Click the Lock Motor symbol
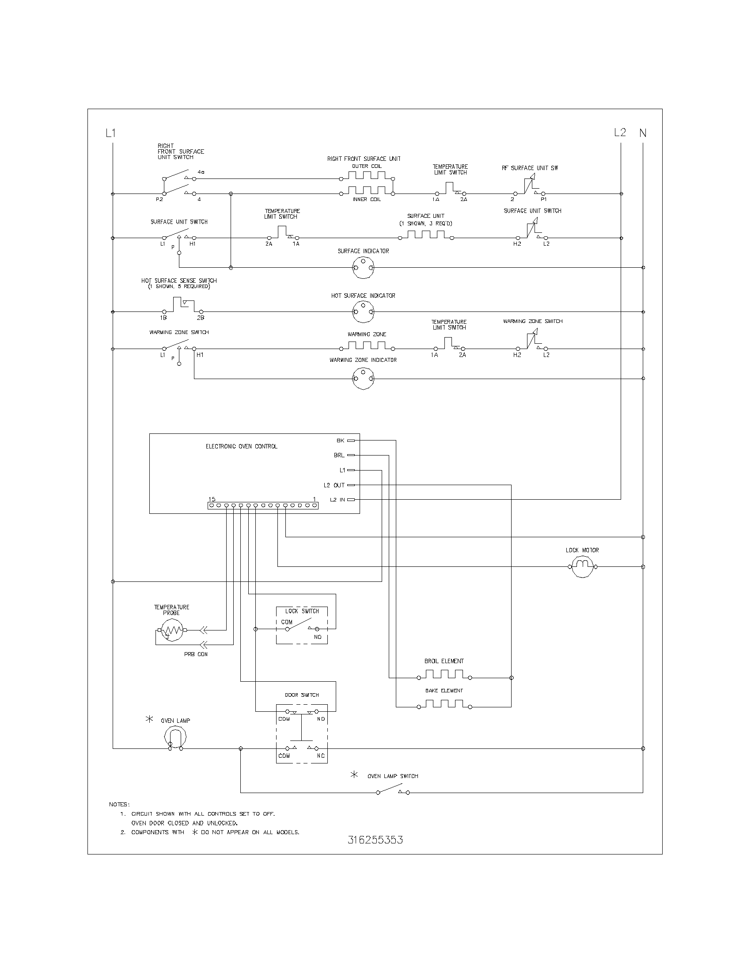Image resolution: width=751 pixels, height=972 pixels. (582, 566)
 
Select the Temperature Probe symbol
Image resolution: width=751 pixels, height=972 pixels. (171, 630)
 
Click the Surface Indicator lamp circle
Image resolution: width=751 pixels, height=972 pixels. (363, 267)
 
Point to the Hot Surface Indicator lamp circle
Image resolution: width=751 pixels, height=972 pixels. (363, 311)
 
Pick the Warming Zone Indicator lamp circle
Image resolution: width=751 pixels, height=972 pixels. (363, 378)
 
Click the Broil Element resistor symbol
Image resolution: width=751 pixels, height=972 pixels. (444, 675)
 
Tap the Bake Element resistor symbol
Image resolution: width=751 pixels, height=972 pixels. (444, 705)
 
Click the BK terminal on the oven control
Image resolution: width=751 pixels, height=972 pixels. (351, 440)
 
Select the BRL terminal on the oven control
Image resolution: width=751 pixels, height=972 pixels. (351, 455)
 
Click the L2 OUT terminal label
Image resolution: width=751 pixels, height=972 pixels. (334, 485)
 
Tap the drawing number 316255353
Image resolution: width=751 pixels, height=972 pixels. (375, 840)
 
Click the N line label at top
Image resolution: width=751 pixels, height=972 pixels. (643, 133)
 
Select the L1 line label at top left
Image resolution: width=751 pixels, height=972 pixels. (111, 133)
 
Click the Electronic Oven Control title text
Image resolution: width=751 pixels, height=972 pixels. (241, 446)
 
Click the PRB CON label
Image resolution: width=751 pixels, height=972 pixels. (196, 654)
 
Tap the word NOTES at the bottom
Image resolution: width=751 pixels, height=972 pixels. (119, 804)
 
